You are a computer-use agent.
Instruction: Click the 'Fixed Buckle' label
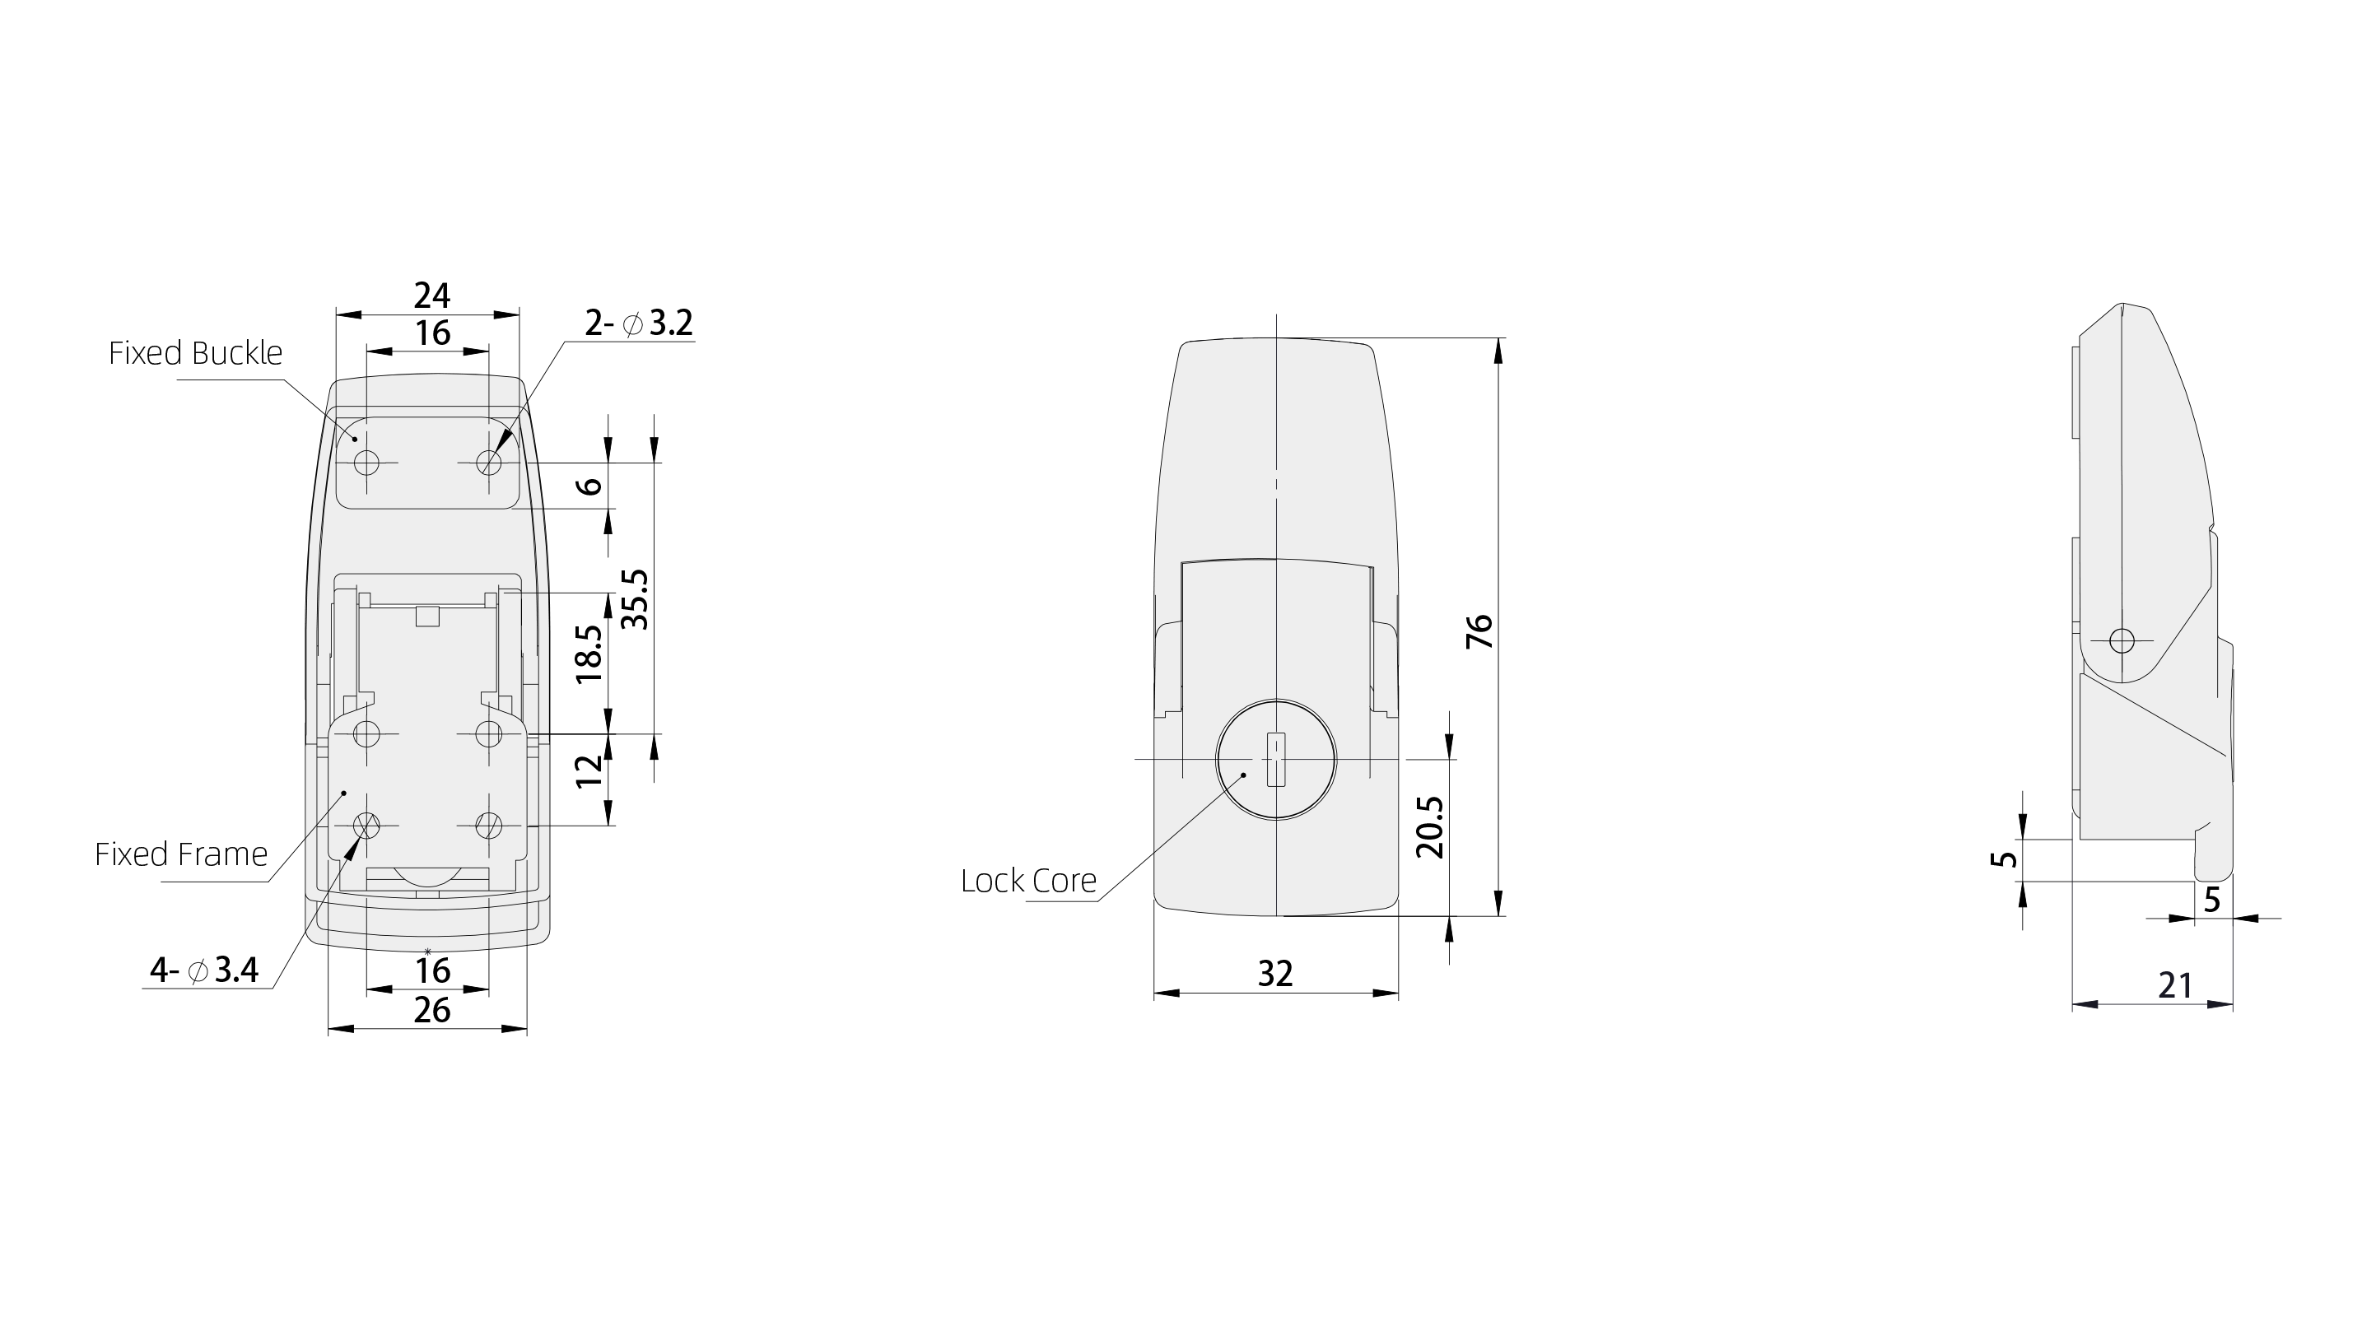[196, 353]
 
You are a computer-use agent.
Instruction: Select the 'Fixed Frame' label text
[182, 854]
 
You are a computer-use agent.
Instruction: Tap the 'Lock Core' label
[1028, 881]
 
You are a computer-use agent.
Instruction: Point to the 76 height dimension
[1479, 631]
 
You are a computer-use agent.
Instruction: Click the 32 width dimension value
[1275, 974]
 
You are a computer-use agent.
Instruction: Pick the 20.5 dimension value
[1430, 827]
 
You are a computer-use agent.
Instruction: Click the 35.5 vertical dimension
[636, 599]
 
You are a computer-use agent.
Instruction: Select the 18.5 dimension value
[589, 654]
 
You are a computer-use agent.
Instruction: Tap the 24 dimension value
[431, 296]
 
